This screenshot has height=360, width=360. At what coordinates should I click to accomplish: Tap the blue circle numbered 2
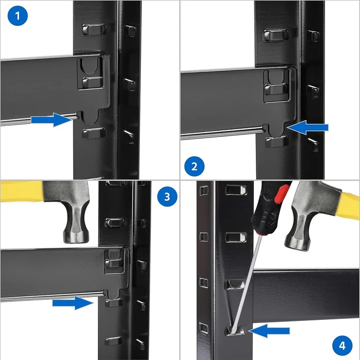(195, 166)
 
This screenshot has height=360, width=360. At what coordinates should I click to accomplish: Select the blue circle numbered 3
(167, 197)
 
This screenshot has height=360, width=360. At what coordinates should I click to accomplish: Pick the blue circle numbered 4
(342, 346)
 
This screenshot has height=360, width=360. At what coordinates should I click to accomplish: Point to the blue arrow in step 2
(308, 128)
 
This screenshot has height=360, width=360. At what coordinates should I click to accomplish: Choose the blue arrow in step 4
(269, 331)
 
